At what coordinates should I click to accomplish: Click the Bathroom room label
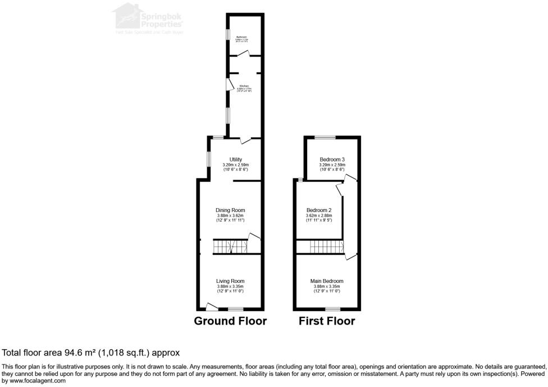coord(242,37)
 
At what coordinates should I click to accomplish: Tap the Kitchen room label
coord(244,86)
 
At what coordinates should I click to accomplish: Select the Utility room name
coord(236,160)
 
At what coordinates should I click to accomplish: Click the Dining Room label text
coord(230,210)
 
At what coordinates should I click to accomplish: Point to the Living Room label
coord(230,281)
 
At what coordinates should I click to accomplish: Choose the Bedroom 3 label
coord(332,160)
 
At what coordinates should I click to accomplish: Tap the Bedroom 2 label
coord(319,210)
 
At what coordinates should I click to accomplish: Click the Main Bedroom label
coord(327,281)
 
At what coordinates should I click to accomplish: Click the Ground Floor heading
coord(230,321)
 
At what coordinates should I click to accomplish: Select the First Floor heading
coord(327,321)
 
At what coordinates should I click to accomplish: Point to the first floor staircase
coord(326,246)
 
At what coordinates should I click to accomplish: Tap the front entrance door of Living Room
coord(211,307)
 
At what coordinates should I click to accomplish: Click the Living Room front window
coord(235,309)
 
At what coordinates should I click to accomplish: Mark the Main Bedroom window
coord(332,309)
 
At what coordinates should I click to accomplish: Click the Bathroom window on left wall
coord(228,35)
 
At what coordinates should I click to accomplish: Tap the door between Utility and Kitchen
coord(245,139)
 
